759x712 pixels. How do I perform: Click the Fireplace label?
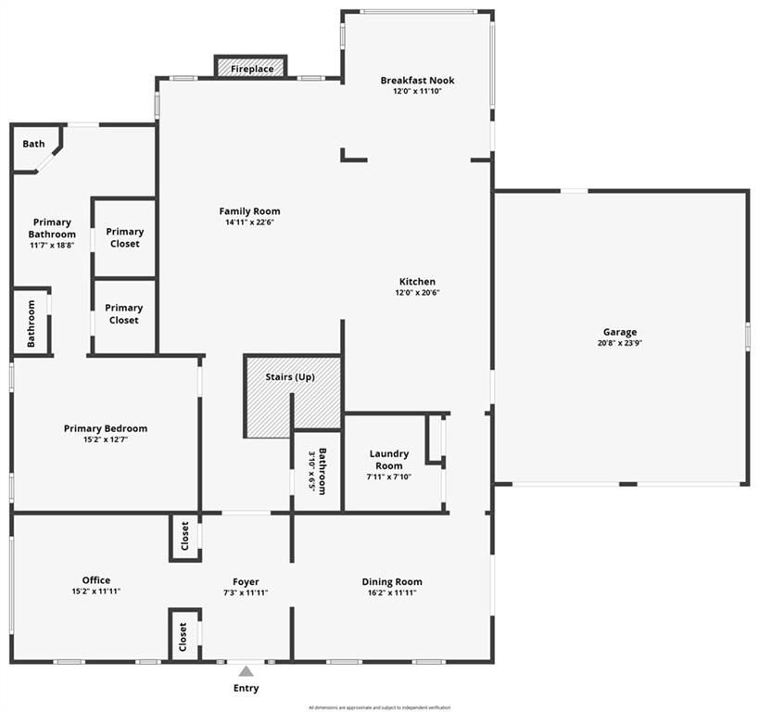pos(252,70)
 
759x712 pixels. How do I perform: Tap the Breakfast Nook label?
pos(417,81)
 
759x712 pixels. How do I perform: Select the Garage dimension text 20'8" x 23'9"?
pos(620,343)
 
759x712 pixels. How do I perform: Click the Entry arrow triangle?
pos(246,671)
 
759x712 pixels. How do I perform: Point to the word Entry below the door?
pos(246,688)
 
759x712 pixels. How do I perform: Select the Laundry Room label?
pos(389,460)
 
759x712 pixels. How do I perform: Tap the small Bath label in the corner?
pos(33,144)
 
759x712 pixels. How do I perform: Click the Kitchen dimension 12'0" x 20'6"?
pos(417,293)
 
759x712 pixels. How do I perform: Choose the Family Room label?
pos(249,211)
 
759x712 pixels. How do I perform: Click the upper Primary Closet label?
pos(124,237)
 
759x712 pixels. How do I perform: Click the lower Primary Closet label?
pos(124,313)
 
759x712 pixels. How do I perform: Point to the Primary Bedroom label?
pos(106,428)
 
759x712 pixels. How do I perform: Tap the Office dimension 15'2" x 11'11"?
pos(96,591)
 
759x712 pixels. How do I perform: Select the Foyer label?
pos(246,582)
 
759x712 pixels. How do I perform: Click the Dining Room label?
pos(392,582)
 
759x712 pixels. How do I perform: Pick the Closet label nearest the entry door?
pos(183,637)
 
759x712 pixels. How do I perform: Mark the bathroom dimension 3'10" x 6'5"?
pos(310,472)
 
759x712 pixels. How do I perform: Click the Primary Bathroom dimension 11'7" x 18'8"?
pos(52,246)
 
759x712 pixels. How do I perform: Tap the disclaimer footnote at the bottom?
pos(380,706)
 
